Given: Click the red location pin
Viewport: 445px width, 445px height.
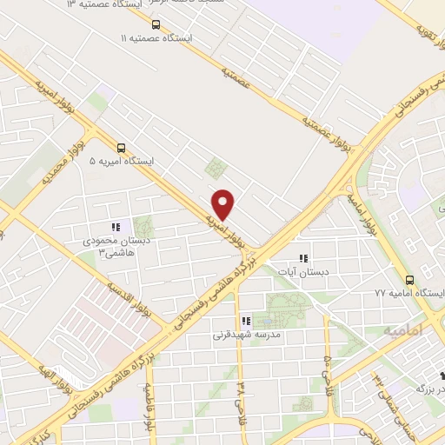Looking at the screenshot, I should (x=224, y=205).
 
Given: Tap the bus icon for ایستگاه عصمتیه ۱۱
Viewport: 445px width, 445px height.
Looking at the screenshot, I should (x=156, y=24).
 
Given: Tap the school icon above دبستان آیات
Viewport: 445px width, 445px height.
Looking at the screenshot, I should (x=303, y=257).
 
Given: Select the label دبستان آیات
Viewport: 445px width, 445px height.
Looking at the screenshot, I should (x=303, y=272).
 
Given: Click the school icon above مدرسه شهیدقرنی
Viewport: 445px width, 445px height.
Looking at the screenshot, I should (x=247, y=321).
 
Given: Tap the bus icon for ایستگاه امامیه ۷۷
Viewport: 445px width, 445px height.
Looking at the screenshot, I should (x=409, y=279).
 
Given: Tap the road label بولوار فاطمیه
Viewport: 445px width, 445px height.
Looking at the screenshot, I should (x=149, y=409).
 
